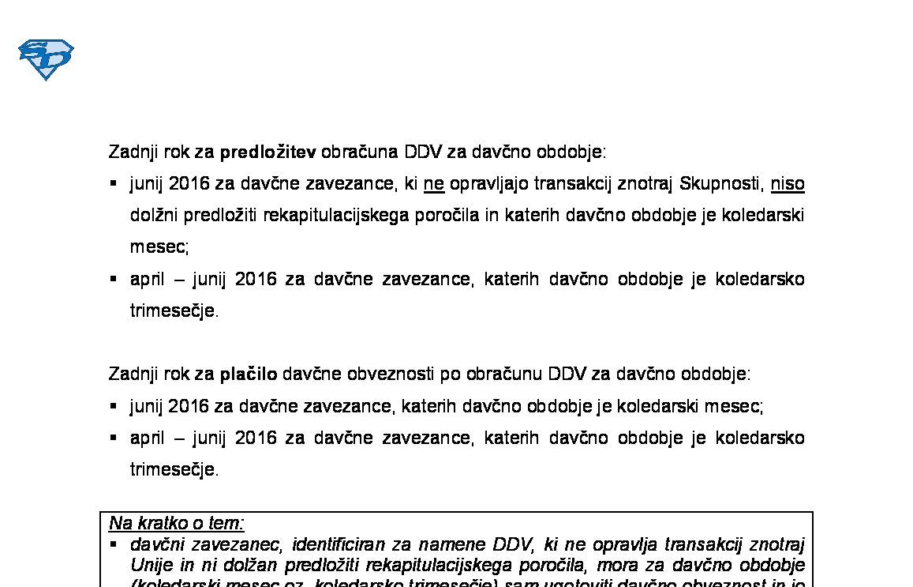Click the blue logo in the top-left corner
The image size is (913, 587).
46,59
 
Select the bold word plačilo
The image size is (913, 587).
249,374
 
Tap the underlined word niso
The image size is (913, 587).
788,184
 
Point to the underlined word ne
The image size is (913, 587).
434,184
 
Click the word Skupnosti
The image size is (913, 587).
720,184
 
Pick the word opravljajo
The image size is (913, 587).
489,184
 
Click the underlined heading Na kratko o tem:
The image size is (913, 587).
177,523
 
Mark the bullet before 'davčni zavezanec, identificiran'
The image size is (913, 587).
114,544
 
